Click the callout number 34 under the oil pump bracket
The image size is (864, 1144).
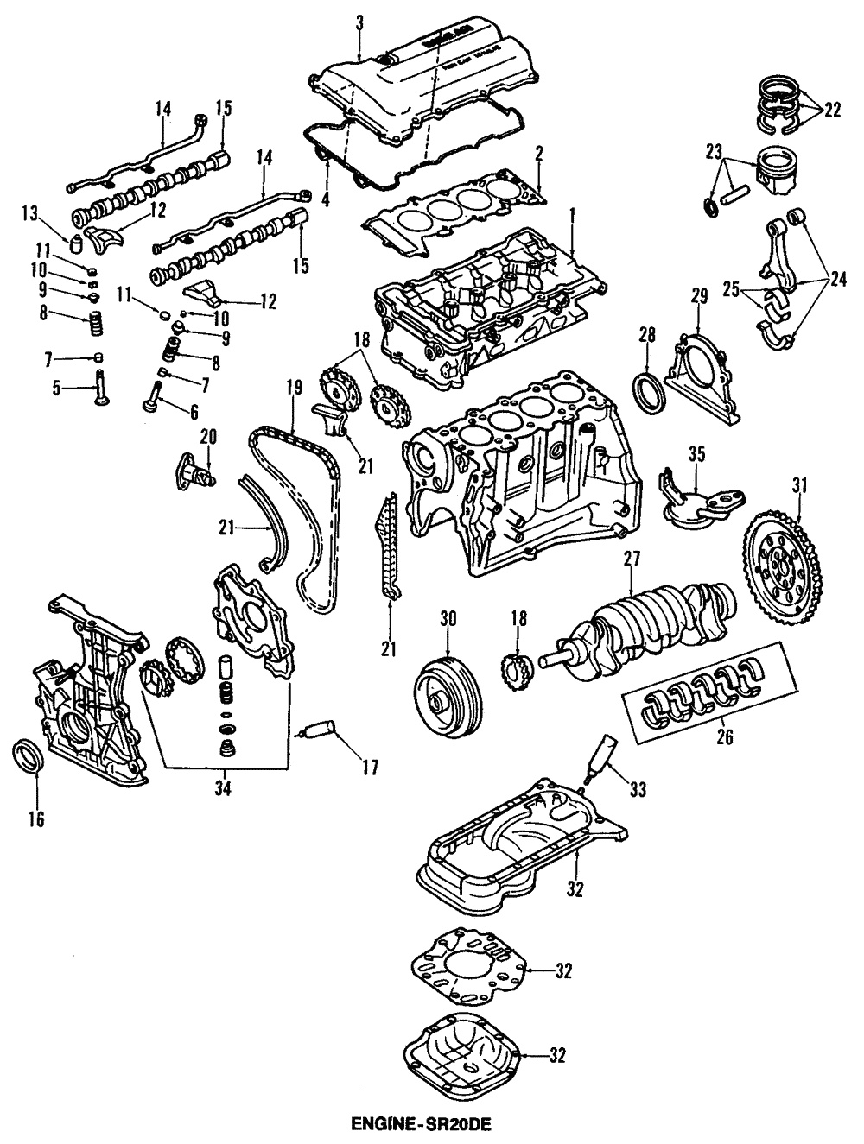[226, 787]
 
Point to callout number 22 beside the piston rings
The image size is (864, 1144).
[831, 110]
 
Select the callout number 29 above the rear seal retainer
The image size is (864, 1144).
[698, 295]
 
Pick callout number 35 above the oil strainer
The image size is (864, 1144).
[697, 452]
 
